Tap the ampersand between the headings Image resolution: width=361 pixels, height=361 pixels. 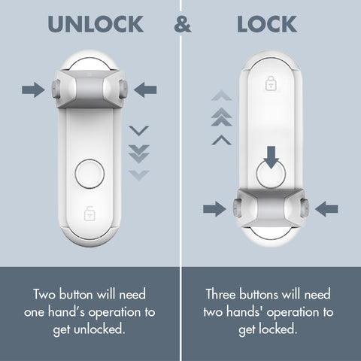pyautogui.click(x=180, y=24)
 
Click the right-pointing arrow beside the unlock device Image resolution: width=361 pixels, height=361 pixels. pyautogui.click(x=32, y=90)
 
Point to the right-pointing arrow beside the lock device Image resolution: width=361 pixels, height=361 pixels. pyautogui.click(x=214, y=208)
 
